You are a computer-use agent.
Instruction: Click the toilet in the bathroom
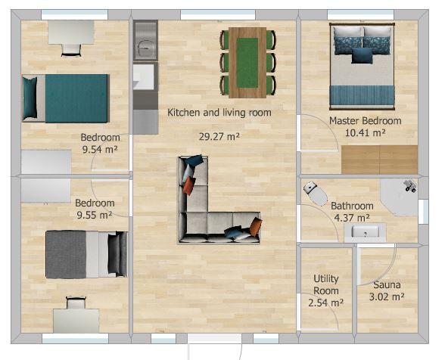[x=316, y=193]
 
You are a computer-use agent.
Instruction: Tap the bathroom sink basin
[x=365, y=231]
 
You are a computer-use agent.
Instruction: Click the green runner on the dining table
[x=247, y=63]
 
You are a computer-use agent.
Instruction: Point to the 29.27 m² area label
[x=219, y=137]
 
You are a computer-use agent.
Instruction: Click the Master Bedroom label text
[x=366, y=121]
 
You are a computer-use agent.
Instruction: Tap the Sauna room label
[x=387, y=284]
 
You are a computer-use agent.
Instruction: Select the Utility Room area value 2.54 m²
[x=325, y=303]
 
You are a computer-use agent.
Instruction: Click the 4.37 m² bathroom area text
[x=352, y=218]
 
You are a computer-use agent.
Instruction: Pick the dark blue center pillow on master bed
[x=362, y=55]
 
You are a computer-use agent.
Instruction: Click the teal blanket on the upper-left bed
[x=76, y=98]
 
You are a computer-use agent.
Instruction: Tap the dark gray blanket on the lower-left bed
[x=66, y=254]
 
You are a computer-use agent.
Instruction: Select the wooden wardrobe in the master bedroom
[x=380, y=160]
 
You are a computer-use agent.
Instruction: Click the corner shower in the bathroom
[x=400, y=197]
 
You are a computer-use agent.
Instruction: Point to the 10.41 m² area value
[x=366, y=133]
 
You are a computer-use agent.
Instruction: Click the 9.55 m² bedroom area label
[x=94, y=215]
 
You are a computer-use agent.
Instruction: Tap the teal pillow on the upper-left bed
[x=30, y=98]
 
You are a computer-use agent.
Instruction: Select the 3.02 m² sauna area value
[x=387, y=296]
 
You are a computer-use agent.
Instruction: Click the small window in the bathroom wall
[x=424, y=211]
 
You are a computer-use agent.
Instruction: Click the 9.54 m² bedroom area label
[x=100, y=149]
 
